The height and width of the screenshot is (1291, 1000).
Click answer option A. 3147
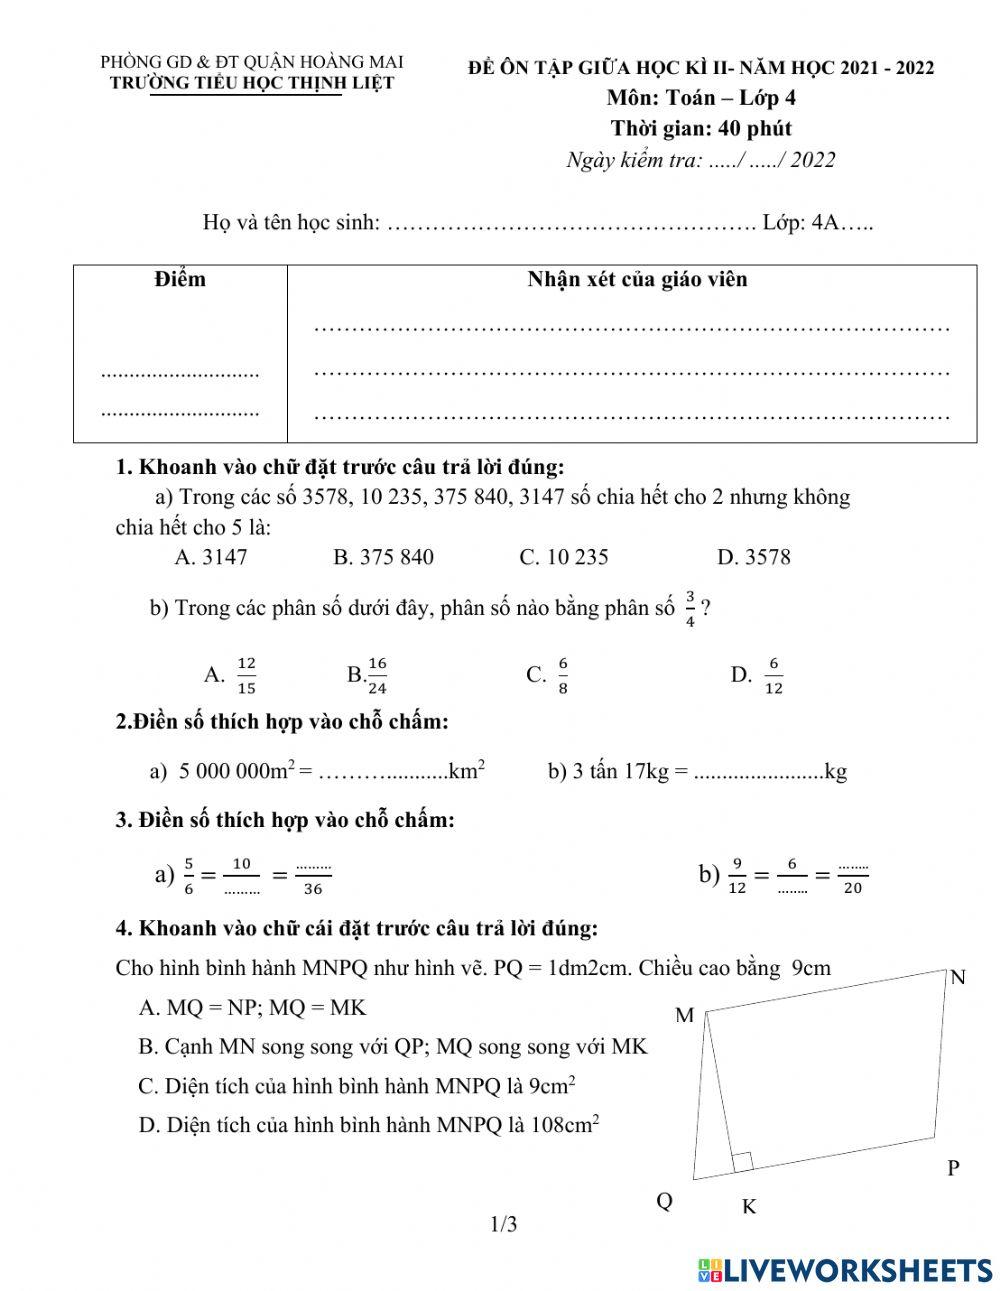[210, 557]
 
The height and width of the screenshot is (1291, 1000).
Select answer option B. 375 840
[383, 557]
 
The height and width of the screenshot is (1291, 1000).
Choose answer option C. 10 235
[563, 557]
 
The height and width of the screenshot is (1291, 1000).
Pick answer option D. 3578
[753, 557]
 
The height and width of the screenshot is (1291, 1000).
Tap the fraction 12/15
[246, 675]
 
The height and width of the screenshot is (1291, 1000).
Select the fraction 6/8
[563, 675]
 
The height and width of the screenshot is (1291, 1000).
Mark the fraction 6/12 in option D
[773, 675]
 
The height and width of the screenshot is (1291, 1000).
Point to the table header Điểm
[180, 279]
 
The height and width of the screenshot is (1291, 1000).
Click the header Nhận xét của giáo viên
[637, 279]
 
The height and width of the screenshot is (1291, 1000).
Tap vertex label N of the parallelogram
[957, 977]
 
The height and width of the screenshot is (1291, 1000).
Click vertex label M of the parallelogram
[684, 1016]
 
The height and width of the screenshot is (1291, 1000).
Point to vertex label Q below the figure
[664, 1201]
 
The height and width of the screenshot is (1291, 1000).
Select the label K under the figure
[748, 1207]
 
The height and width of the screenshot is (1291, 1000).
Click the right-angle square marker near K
[742, 1162]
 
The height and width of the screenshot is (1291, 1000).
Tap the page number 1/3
[503, 1224]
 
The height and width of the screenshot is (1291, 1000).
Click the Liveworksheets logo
[845, 1270]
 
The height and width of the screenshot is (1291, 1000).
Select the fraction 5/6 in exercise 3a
[189, 876]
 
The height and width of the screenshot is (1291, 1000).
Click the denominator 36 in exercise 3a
[313, 888]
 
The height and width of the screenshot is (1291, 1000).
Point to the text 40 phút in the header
[749, 128]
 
